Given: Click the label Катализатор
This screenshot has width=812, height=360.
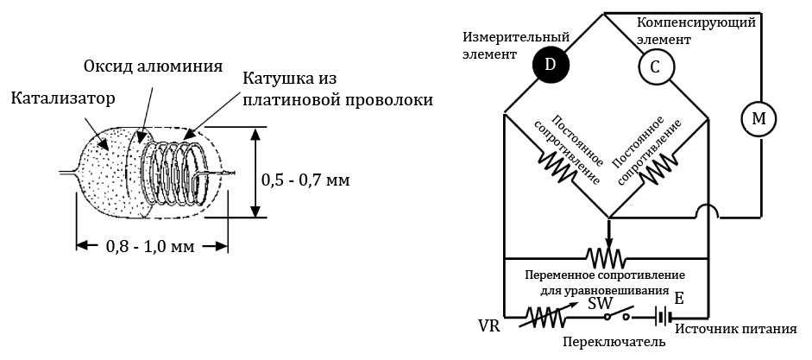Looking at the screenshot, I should click(63, 98).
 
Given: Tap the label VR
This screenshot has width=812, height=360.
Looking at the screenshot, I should click(489, 327).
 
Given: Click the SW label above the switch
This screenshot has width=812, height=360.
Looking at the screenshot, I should click(601, 303).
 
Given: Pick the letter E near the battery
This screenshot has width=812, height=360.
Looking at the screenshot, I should click(679, 300).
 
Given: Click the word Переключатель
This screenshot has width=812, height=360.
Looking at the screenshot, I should click(614, 342).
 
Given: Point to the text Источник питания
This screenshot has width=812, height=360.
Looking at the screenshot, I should click(741, 328).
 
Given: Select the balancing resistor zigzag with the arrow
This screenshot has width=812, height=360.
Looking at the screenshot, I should click(607, 256).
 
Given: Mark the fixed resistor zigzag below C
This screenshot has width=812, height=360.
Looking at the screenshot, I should click(658, 168).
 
